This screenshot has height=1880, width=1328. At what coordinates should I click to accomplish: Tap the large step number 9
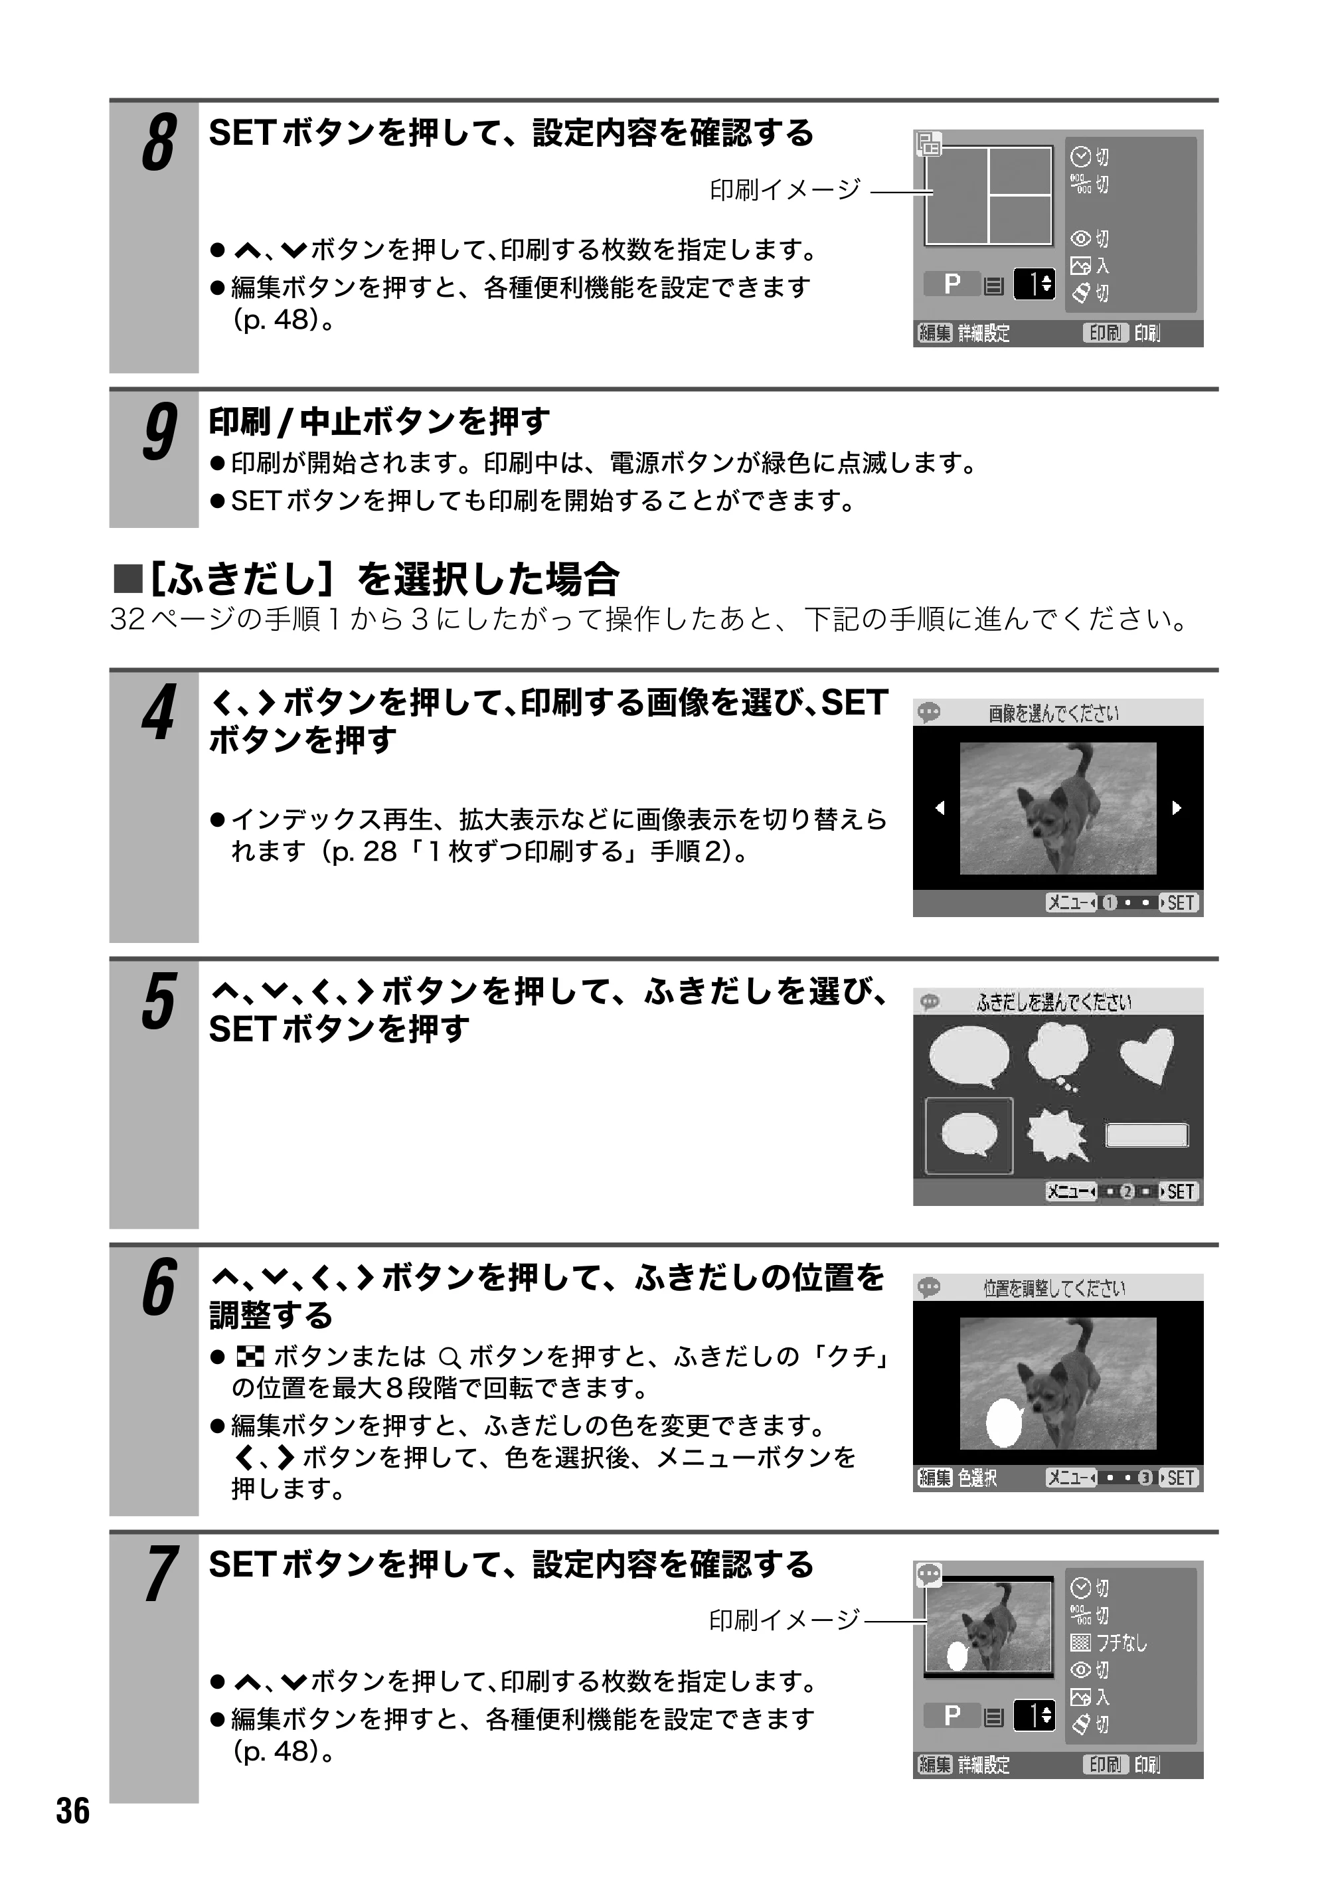pos(159,432)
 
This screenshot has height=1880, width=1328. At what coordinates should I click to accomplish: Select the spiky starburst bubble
pos(1058,1134)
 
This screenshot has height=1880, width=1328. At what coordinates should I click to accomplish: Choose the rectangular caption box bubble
pos(1146,1135)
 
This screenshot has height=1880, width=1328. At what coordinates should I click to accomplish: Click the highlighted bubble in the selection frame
pos(969,1135)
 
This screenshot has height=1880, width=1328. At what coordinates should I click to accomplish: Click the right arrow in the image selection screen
pos(1177,808)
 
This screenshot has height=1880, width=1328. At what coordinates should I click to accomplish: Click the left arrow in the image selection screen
pos(940,808)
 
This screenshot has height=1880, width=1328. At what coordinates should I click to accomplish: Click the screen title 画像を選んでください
pos(1053,713)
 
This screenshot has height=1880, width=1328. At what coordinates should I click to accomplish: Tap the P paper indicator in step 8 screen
pos(952,284)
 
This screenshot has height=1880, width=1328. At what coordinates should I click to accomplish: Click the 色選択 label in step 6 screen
pos(977,1478)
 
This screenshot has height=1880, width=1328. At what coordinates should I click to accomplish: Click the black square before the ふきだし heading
pos(127,579)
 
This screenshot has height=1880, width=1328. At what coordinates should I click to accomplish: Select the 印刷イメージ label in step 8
pos(785,190)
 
